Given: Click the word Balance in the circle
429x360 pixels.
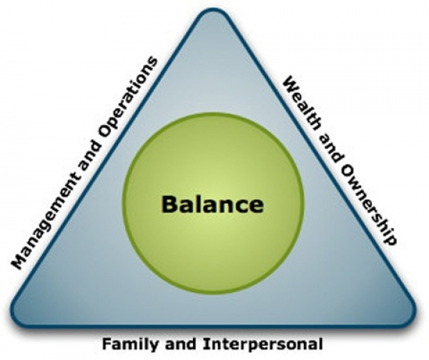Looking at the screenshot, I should [x=212, y=204].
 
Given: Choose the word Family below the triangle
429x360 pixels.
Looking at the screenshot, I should [x=124, y=344].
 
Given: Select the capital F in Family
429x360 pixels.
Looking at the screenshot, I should [x=107, y=344].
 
